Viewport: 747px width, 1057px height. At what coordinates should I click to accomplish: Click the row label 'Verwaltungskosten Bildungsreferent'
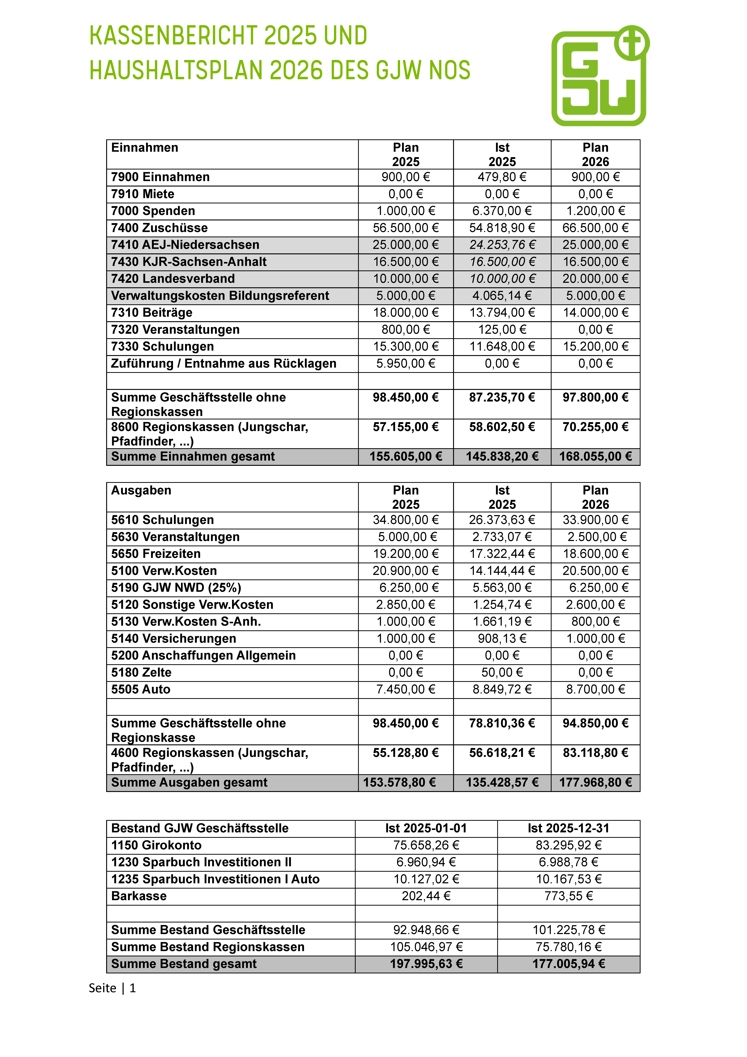(x=220, y=296)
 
